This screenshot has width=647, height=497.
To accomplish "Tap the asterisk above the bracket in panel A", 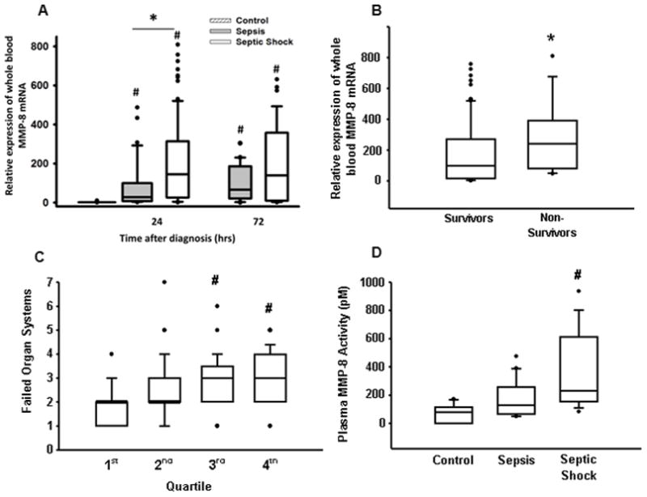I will coord(153,16).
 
